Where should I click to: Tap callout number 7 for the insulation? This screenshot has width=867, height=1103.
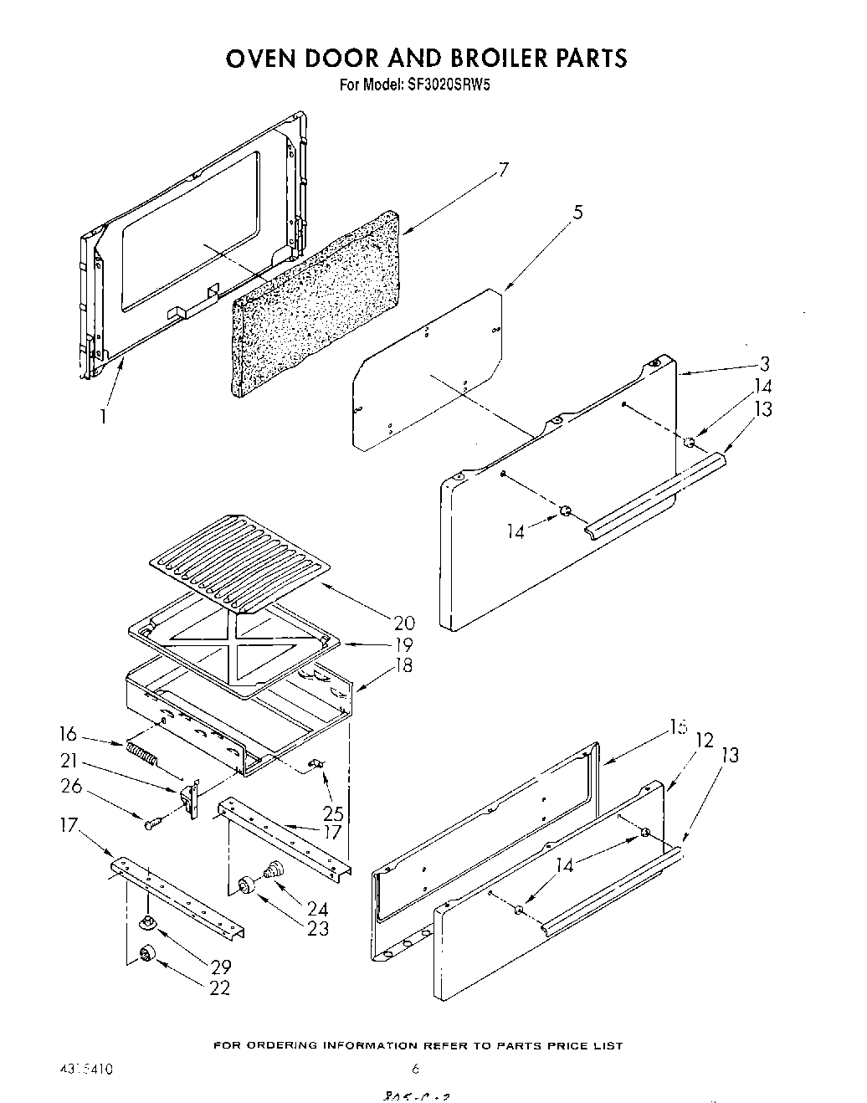502,170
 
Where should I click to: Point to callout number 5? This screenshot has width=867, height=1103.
577,213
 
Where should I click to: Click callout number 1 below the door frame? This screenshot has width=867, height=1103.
103,415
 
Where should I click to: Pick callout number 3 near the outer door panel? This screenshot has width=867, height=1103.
764,363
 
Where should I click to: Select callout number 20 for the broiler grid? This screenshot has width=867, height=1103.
403,623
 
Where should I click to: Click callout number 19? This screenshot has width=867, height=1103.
403,645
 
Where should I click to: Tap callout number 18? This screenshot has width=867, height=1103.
403,667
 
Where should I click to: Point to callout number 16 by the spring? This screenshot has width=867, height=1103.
68,734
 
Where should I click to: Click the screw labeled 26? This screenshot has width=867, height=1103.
151,824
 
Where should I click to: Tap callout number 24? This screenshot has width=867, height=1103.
317,908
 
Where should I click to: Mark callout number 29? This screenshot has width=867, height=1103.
220,967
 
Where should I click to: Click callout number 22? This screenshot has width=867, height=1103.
220,988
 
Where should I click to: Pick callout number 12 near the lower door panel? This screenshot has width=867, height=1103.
705,740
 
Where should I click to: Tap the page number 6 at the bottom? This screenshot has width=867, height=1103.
415,1069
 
